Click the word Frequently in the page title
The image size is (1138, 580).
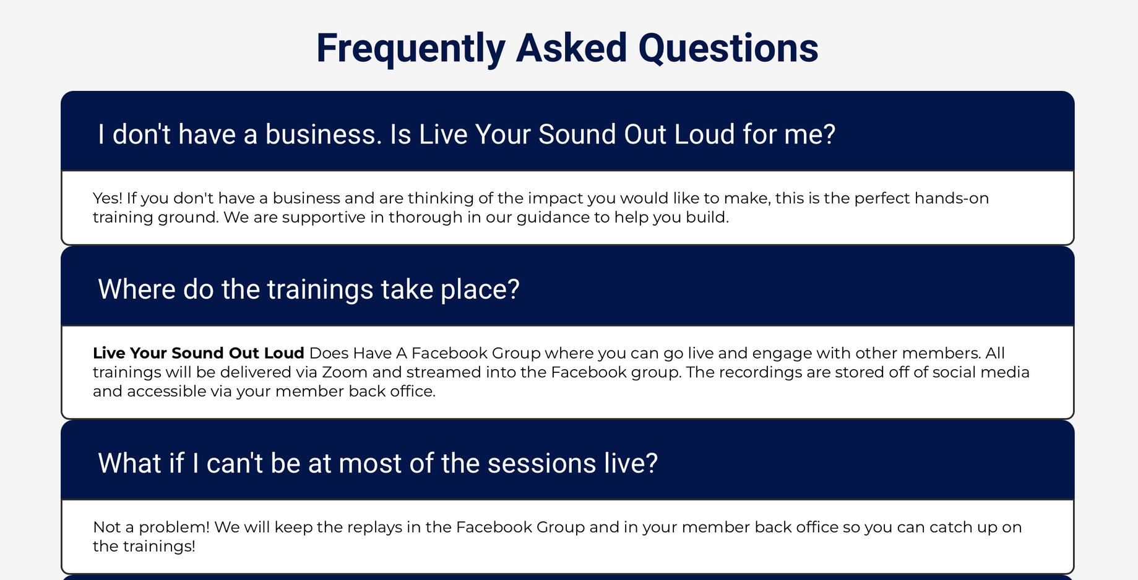[x=411, y=49]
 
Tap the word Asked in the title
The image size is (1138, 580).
[x=571, y=48]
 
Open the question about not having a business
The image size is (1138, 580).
[x=467, y=134]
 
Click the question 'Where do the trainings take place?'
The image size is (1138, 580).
[x=309, y=289]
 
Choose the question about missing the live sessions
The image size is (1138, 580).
[x=377, y=463]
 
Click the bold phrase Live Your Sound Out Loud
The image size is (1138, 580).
[x=199, y=353]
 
